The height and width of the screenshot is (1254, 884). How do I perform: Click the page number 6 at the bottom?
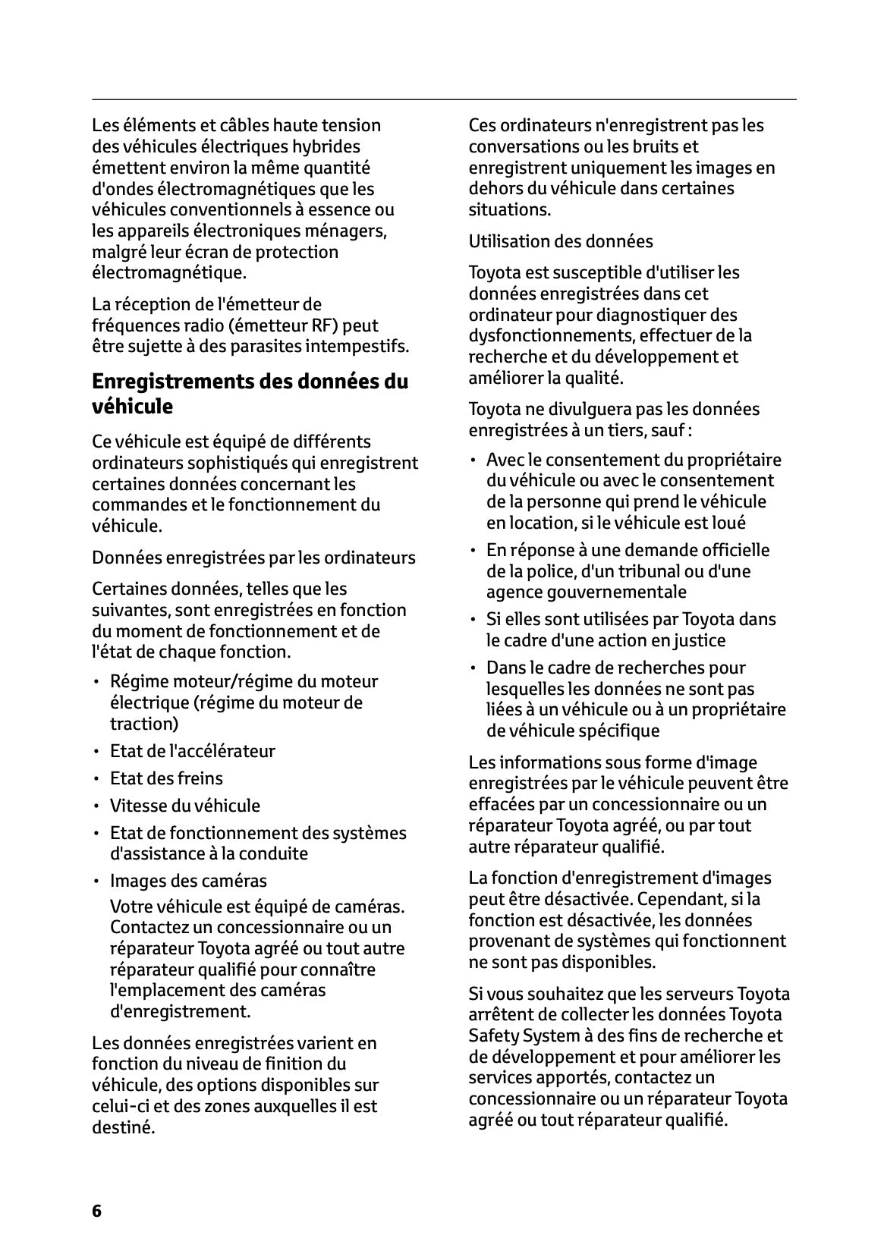tap(96, 1210)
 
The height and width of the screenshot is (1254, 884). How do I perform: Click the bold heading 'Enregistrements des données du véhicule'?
tap(250, 394)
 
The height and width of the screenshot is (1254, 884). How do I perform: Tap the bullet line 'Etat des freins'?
tap(166, 778)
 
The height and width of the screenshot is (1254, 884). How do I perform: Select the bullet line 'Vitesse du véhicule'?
tap(184, 806)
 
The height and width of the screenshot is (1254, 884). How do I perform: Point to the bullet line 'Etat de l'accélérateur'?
tap(192, 751)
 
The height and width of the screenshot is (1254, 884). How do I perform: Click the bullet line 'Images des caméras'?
tap(188, 881)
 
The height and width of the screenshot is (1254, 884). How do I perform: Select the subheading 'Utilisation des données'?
tap(560, 241)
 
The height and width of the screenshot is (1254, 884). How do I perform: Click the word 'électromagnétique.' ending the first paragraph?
tap(168, 272)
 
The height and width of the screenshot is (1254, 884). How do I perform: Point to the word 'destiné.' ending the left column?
tap(123, 1127)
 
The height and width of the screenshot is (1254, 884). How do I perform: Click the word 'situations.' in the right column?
tap(509, 209)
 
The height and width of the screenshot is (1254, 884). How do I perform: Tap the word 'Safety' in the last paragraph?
tap(493, 1036)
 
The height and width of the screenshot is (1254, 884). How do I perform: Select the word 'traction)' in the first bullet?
tap(144, 724)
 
